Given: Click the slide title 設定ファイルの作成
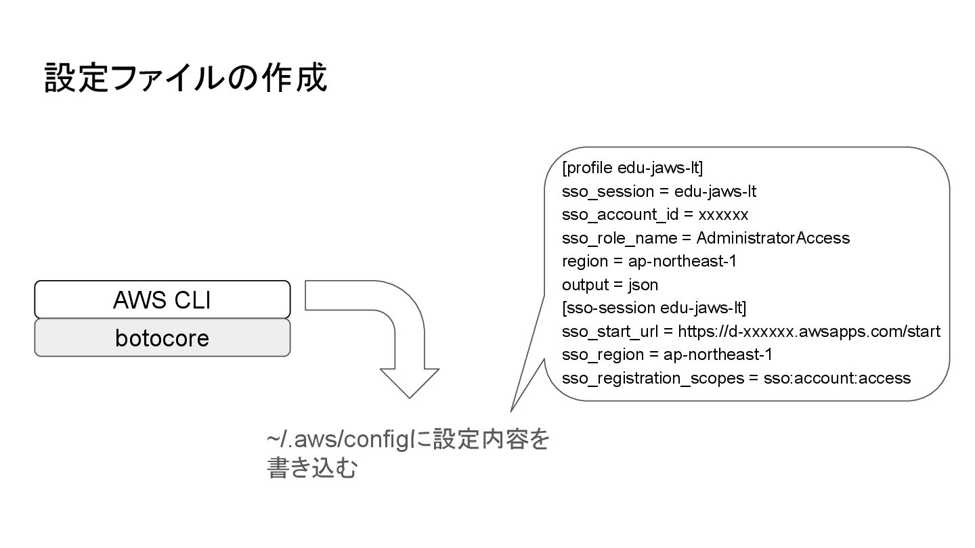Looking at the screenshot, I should click(186, 78).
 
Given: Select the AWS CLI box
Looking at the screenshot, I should click(162, 299).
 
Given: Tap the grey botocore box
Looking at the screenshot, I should click(162, 338).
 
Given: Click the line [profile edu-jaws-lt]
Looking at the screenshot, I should click(632, 168).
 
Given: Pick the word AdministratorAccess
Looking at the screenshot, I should click(773, 238).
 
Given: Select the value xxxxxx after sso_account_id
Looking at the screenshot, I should click(723, 215).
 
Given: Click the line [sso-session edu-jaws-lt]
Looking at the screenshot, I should click(653, 309).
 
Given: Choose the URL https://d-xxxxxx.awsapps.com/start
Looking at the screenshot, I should click(808, 332).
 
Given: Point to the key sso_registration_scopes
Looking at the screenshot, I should click(653, 378).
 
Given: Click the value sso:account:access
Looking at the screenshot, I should click(837, 378).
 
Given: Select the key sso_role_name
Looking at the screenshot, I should click(620, 238).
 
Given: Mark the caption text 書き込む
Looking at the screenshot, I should click(312, 469).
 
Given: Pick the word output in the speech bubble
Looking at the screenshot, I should click(584, 285).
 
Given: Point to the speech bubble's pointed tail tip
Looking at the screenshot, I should click(511, 410).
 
